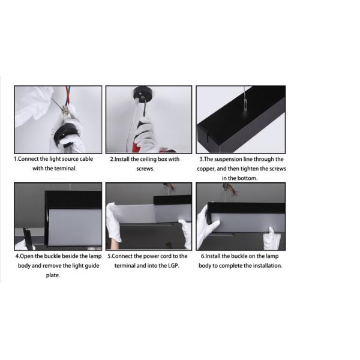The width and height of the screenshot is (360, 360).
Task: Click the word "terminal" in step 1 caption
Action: click(x=65, y=168)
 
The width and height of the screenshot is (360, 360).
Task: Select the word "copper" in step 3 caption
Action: click(x=206, y=169)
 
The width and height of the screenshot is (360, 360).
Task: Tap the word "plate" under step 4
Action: click(x=53, y=275)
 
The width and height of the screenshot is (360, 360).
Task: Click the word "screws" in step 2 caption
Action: click(x=145, y=169)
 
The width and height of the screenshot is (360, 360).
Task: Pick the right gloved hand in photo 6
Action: click(x=271, y=239)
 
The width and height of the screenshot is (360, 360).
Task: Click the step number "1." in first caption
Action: click(x=16, y=159)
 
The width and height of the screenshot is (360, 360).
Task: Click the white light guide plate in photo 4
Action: click(x=75, y=227)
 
